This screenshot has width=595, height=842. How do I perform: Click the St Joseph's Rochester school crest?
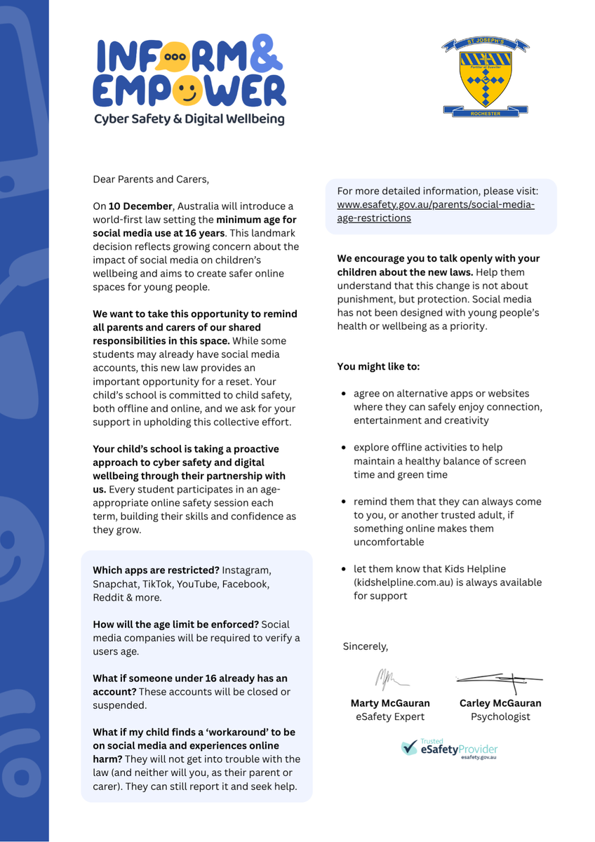[x=485, y=76]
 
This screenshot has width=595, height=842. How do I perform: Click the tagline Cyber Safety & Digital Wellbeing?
[x=189, y=119]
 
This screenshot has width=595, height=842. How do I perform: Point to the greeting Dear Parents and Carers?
[x=151, y=179]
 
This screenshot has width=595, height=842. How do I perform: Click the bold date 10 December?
[x=140, y=206]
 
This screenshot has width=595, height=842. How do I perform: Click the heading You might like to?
[x=378, y=366]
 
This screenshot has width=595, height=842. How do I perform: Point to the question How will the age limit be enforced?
[x=176, y=624]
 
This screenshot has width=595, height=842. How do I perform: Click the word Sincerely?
[x=365, y=646]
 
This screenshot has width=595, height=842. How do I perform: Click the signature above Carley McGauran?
[x=500, y=679]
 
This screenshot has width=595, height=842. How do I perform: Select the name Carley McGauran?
[x=500, y=703]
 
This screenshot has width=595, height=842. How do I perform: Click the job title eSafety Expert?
[x=389, y=716]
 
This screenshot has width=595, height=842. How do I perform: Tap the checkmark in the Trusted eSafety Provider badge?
[x=409, y=748]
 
